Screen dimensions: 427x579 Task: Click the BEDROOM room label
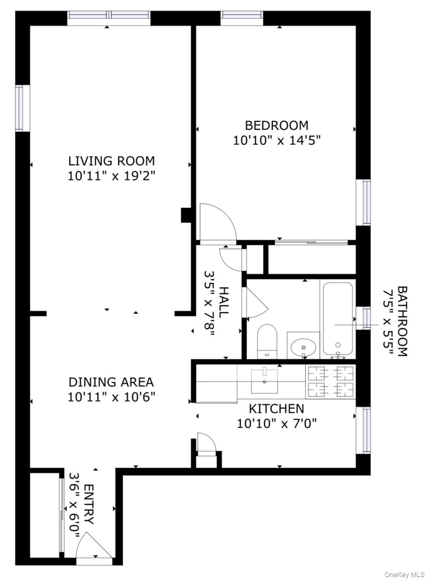(276, 126)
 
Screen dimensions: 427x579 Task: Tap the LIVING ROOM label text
(111, 161)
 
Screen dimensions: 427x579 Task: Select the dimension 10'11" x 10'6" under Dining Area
(111, 397)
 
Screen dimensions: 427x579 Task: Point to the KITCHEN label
(276, 409)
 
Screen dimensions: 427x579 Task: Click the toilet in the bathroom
(267, 342)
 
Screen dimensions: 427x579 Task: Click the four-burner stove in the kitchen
(331, 381)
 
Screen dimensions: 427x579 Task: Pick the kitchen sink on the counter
(264, 381)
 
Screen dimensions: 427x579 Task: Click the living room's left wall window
(23, 108)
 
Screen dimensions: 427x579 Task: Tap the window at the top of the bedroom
(242, 18)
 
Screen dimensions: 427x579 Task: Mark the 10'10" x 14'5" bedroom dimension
(276, 141)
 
